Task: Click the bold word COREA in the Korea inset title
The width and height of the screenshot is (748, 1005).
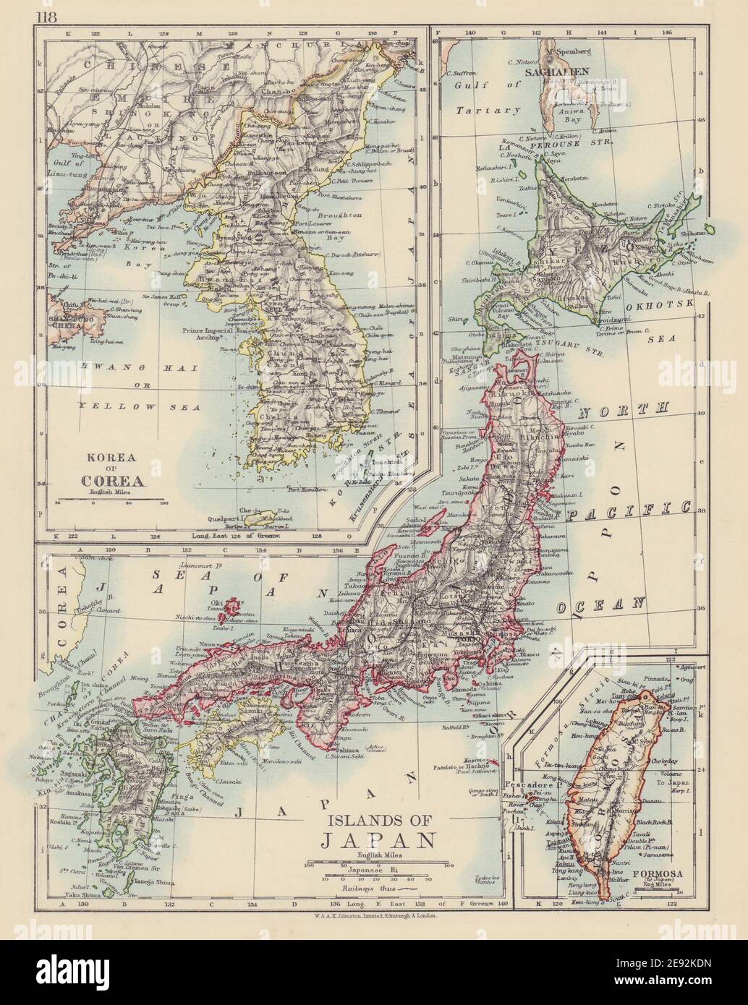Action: [114, 478]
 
